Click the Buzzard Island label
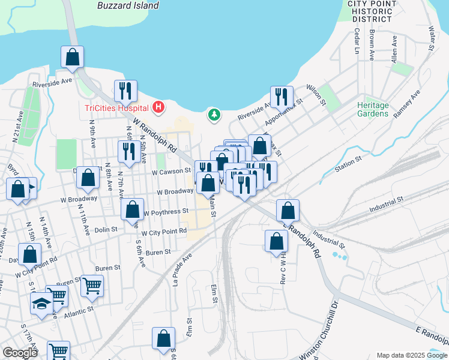[128, 5]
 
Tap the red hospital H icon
[158, 107]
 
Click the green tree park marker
[214, 114]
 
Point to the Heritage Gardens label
[373, 109]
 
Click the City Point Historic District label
[372, 11]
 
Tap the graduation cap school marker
[41, 304]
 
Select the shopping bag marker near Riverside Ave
[72, 57]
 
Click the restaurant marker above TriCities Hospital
[125, 91]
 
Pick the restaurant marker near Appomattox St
[281, 96]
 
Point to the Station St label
[349, 162]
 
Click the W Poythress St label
[167, 212]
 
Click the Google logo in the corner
[20, 353]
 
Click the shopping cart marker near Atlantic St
[92, 286]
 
